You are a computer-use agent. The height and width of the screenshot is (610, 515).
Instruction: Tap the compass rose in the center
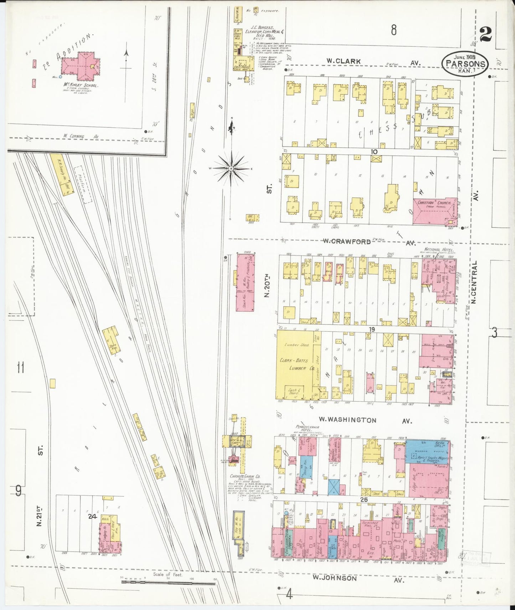click(231, 168)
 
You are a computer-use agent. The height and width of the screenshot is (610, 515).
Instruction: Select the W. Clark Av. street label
click(344, 61)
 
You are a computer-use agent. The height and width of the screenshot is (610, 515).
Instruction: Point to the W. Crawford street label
click(346, 241)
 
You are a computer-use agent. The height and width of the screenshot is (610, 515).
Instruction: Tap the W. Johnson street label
click(335, 578)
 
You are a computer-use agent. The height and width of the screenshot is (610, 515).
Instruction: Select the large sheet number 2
click(486, 35)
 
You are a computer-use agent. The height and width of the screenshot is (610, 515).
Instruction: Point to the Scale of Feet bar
click(168, 581)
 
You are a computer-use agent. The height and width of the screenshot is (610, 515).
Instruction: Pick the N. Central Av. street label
click(474, 281)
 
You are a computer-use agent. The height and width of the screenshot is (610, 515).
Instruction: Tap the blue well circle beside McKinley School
click(61, 77)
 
